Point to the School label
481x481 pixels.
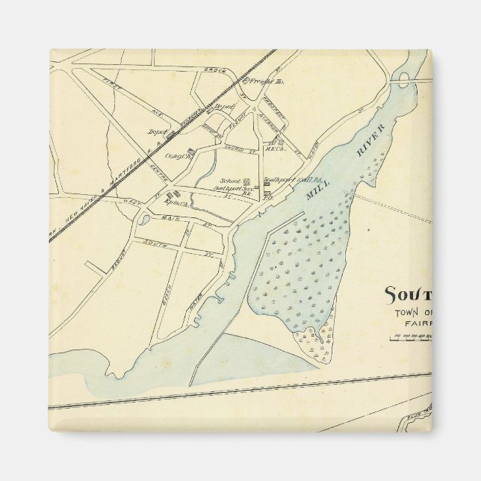click(x=231, y=181)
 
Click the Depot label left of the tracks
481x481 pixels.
click(x=158, y=131)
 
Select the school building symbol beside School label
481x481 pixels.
click(x=246, y=181)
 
